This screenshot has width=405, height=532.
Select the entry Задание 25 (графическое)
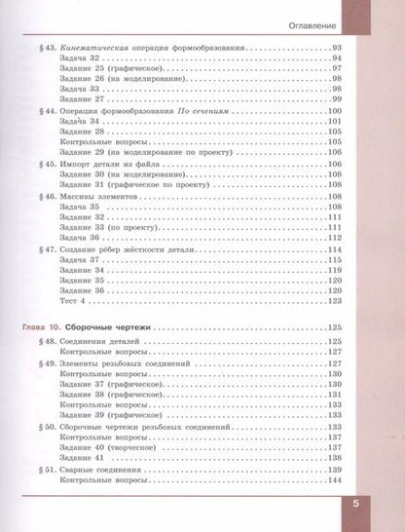pyautogui.click(x=121, y=71)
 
